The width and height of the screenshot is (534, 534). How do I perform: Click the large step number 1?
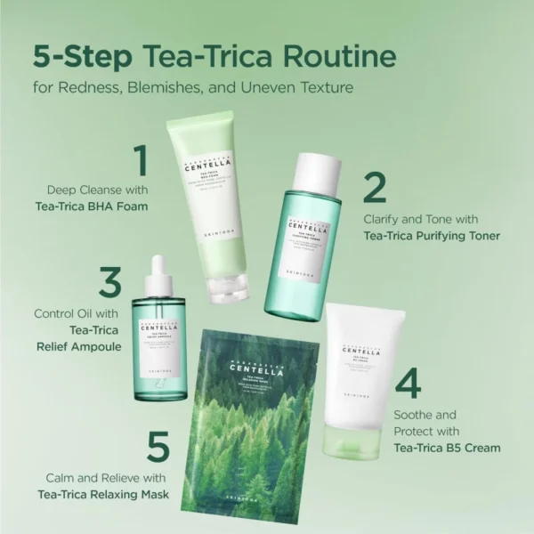point(139,163)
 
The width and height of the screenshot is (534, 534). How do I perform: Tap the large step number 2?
point(375,189)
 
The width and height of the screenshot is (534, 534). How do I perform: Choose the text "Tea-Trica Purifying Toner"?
point(432,237)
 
